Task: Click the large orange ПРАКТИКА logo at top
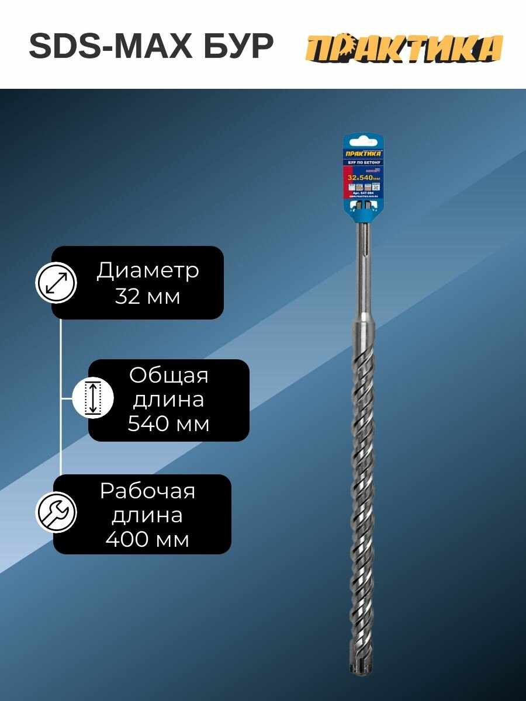(404, 48)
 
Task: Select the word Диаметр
(148, 270)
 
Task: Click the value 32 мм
(147, 296)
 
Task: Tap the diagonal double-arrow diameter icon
(56, 282)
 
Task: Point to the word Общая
(168, 375)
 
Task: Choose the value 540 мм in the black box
(168, 424)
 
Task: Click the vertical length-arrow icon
(92, 397)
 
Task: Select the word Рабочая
(147, 491)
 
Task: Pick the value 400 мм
(147, 540)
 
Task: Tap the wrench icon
(56, 512)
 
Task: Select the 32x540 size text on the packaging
(362, 177)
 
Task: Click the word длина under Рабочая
(147, 516)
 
